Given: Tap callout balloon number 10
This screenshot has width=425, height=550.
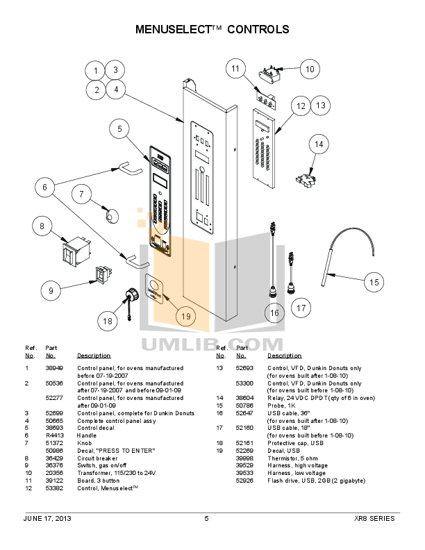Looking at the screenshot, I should (310, 69).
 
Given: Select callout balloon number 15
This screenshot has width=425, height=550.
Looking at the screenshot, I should (374, 282).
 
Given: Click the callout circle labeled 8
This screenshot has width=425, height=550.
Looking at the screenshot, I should (42, 226).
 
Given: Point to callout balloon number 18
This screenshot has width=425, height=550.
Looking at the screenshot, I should (107, 321).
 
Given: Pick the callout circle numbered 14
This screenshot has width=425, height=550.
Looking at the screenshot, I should (319, 144).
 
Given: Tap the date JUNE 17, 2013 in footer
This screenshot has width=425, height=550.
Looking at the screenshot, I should (47, 519).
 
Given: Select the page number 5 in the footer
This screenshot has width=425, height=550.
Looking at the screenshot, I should (206, 519).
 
